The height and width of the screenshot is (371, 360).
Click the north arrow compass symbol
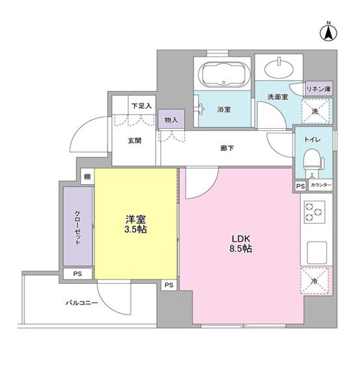click(329, 33)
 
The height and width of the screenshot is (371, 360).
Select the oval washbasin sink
click(279, 70)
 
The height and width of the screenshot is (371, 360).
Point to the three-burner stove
click(314, 212)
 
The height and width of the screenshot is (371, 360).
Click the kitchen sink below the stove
click(316, 253)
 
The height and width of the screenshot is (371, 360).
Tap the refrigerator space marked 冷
click(315, 281)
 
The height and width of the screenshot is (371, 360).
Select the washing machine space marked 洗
click(316, 111)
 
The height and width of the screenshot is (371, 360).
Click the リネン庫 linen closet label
click(318, 89)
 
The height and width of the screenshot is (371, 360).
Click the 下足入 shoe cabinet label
click(141, 105)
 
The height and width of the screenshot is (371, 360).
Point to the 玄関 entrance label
click(135, 141)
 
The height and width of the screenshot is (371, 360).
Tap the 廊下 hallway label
click(227, 148)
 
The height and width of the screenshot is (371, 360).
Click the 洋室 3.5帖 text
click(135, 225)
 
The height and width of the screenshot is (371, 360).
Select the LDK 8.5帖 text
click(241, 243)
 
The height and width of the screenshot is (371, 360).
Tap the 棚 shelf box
click(88, 176)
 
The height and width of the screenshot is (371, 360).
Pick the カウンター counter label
click(320, 185)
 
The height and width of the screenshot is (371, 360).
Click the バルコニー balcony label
click(81, 303)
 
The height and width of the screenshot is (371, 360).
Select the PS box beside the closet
click(77, 274)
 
